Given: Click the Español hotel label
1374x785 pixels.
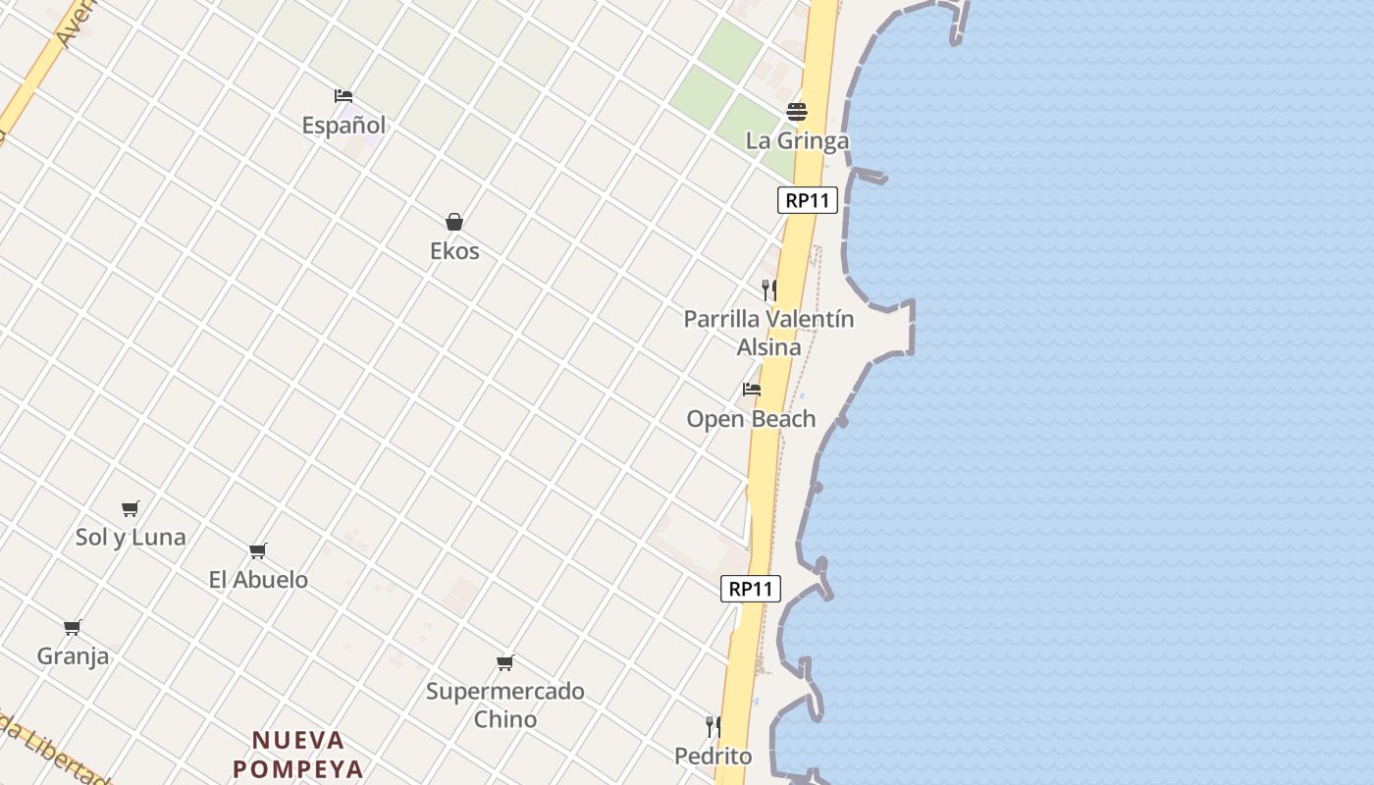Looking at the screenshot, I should [x=343, y=126].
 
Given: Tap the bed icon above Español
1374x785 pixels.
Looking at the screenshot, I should [x=343, y=96].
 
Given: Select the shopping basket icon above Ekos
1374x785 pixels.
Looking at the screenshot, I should [x=454, y=222].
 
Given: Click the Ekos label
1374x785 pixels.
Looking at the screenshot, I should [x=454, y=251].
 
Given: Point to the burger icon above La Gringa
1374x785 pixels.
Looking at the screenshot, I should [x=797, y=111].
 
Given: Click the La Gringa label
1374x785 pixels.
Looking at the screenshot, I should [x=797, y=140].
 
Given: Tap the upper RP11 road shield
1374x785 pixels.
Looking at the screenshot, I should [x=808, y=201].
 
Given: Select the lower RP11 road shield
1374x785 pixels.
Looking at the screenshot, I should [x=751, y=589].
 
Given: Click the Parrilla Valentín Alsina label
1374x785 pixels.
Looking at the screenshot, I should [x=768, y=333].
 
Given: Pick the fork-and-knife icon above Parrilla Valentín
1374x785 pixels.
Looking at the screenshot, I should [x=769, y=289].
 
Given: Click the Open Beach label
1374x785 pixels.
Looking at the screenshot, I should [x=751, y=419].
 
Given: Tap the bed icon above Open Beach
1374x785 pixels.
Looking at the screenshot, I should [x=752, y=390].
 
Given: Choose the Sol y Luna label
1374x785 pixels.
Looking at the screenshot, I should [x=131, y=537].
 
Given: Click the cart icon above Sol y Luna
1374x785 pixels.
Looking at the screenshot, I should [x=131, y=508].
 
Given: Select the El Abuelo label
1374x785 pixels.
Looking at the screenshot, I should [x=258, y=580].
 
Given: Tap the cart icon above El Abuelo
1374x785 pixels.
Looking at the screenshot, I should [x=258, y=551].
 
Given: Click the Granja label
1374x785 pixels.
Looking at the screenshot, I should [x=73, y=656].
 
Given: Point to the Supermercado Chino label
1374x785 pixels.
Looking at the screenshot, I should [x=505, y=705].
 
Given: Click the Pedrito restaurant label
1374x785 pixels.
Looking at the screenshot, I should [x=713, y=757].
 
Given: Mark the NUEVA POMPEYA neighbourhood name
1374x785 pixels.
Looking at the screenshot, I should [x=298, y=754].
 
